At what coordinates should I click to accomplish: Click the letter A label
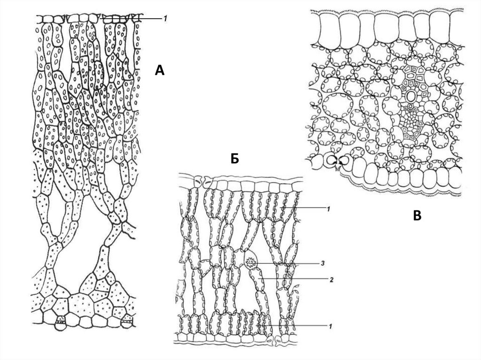click(x=160, y=71)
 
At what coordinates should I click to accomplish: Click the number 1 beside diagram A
click(x=165, y=19)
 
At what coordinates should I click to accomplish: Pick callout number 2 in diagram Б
click(x=331, y=278)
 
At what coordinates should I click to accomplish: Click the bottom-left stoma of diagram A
click(x=60, y=323)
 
